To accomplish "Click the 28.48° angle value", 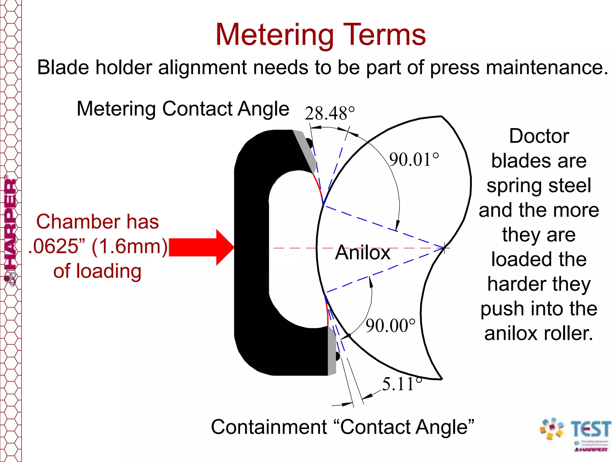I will point(330,114).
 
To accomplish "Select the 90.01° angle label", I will point(414,160).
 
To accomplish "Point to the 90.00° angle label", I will point(390,326).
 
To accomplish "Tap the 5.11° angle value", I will point(402,384).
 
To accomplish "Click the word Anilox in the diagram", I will point(362,252).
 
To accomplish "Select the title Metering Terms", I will point(321,35).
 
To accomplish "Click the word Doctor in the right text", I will point(539,136).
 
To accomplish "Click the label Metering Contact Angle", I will point(183,109).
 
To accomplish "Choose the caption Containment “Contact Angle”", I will point(342,427).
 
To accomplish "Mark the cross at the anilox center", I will point(444,248).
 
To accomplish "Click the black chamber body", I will point(251,253).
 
